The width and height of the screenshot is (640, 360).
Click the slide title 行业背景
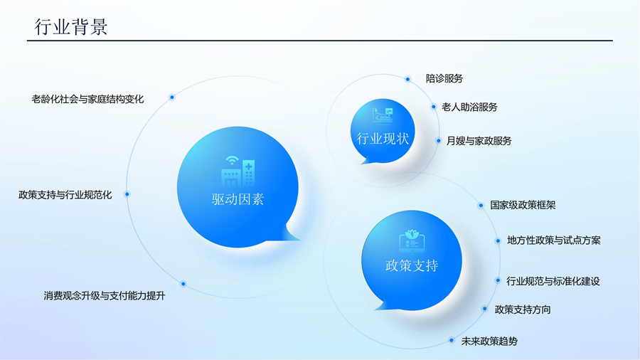point(71,27)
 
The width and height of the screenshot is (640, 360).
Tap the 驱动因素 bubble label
point(238,199)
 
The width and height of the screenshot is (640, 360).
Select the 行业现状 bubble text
point(383,139)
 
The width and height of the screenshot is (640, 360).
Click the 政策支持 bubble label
point(412,265)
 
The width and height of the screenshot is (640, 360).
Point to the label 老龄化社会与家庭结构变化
point(87,99)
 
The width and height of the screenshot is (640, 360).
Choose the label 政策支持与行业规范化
point(65,195)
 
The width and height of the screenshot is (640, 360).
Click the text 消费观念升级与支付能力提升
point(105,295)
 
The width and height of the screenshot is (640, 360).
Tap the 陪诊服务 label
point(444,78)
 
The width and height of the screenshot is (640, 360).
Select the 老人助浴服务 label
point(470,107)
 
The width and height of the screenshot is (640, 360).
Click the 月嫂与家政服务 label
point(479,141)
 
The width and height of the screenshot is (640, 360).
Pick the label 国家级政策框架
point(523,205)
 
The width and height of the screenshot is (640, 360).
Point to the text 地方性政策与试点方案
point(554,240)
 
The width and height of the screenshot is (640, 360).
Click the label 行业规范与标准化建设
point(553,281)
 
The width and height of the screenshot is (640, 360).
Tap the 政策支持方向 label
point(523,309)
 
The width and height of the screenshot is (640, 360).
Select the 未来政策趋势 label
point(489,342)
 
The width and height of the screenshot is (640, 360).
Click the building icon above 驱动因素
point(238,171)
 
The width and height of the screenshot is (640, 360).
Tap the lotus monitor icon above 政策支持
point(412,240)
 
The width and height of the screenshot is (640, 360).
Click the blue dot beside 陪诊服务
point(407,79)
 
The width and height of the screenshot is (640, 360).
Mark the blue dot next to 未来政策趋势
point(452,340)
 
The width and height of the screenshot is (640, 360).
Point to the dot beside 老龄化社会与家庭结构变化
point(172,97)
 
